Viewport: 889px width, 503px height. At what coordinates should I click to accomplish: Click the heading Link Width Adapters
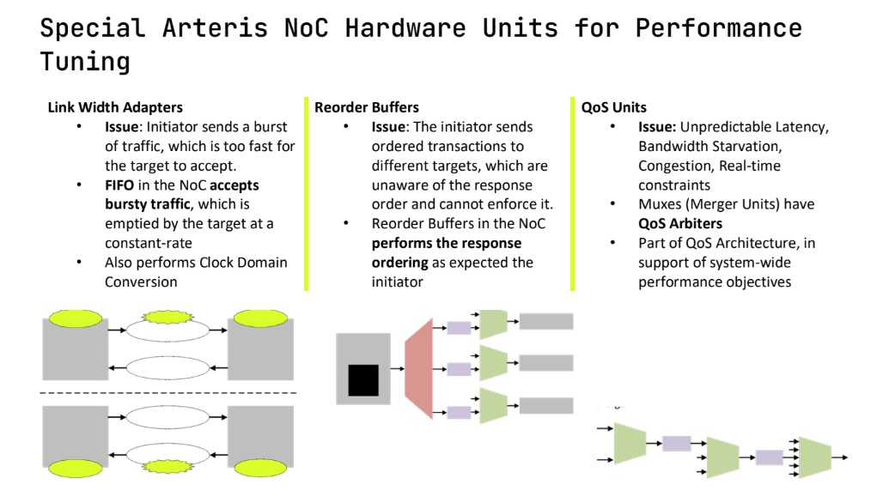pyautogui.click(x=115, y=107)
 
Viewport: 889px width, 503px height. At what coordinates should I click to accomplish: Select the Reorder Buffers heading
pyautogui.click(x=367, y=107)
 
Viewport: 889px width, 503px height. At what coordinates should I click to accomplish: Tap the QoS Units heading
pyautogui.click(x=614, y=107)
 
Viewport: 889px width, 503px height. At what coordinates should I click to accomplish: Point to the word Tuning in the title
pyautogui.click(x=85, y=62)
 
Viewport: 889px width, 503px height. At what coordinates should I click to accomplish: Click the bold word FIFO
pyautogui.click(x=122, y=185)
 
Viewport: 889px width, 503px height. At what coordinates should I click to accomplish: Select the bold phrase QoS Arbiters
pyautogui.click(x=680, y=224)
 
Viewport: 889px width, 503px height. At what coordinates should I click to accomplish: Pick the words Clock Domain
pyautogui.click(x=243, y=263)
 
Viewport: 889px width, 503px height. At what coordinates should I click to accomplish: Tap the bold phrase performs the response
pyautogui.click(x=447, y=244)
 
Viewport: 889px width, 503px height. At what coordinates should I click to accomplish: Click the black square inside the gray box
pyautogui.click(x=363, y=379)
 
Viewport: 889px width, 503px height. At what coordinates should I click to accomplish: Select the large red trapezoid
pyautogui.click(x=418, y=368)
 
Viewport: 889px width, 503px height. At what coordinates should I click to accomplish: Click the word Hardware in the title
pyautogui.click(x=405, y=28)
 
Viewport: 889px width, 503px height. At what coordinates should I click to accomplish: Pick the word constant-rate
pyautogui.click(x=149, y=244)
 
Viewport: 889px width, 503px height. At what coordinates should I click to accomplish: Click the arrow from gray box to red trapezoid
pyautogui.click(x=396, y=368)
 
